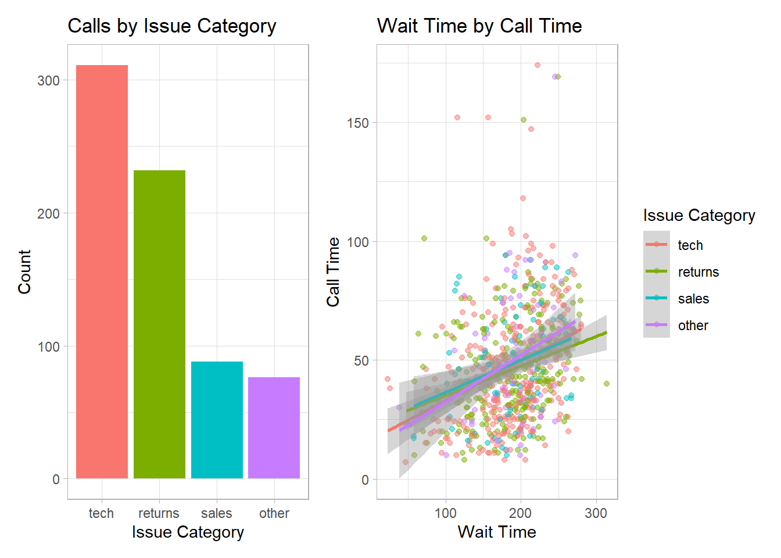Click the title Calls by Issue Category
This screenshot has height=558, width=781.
(171, 26)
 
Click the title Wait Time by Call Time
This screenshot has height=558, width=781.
(479, 26)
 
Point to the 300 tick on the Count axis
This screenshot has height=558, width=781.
(49, 81)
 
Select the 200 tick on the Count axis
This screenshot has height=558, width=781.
(49, 214)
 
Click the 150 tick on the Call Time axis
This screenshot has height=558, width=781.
(358, 123)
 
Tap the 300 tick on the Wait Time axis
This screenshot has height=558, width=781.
(596, 513)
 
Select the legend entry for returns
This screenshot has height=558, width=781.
(698, 272)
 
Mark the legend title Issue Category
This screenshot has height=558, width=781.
(698, 216)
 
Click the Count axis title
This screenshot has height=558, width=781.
(24, 272)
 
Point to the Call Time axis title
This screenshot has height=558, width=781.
(333, 272)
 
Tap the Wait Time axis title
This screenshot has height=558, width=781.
(497, 532)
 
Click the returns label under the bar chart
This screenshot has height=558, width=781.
(159, 513)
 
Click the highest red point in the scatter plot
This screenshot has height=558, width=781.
(538, 65)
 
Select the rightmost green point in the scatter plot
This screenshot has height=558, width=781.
(607, 384)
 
